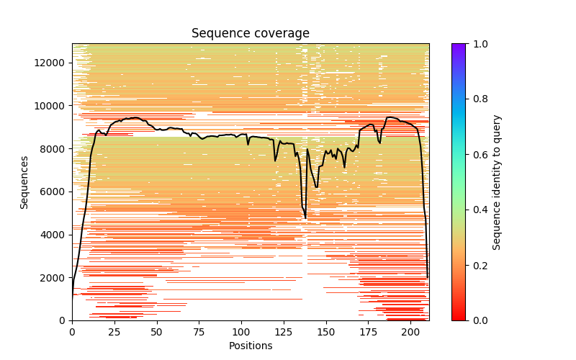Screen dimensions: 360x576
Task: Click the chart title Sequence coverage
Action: pos(250,34)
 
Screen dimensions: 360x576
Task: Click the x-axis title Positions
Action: pos(250,346)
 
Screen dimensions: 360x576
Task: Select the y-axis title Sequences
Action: pos(24,182)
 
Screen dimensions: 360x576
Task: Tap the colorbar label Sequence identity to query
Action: pos(497,182)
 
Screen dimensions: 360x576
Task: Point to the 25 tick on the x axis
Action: pos(114,332)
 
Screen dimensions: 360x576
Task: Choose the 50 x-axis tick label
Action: pos(157,332)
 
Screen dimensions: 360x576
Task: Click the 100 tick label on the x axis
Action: pos(241,332)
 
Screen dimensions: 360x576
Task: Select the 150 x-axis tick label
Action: pos(326,332)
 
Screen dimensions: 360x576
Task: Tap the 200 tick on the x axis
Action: pos(410,332)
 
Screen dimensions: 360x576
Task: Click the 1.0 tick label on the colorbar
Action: pos(477,44)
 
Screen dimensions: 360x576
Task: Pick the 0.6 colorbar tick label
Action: pos(477,155)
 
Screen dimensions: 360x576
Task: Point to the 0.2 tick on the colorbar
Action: pos(477,265)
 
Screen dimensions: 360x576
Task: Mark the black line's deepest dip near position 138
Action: pos(305,217)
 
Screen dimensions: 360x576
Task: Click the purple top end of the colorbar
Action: pos(458,45)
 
